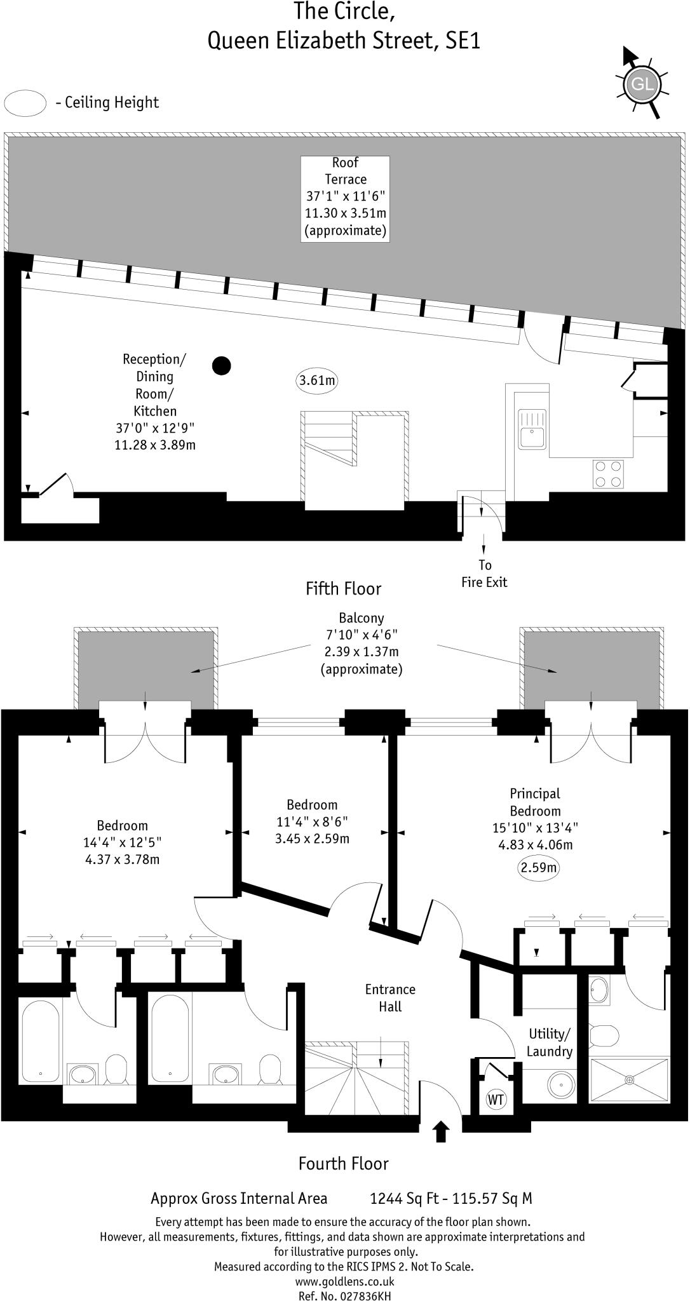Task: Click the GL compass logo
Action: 640,83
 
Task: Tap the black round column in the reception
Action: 221,365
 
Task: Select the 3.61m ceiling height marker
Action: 317,381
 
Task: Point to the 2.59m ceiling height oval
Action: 539,868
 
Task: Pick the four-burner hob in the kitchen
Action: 608,474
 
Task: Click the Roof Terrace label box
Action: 345,199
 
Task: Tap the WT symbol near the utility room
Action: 496,1099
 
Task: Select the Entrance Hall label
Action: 390,997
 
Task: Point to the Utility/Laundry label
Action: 550,1042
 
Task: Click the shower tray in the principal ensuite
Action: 629,1080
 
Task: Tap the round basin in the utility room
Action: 562,1082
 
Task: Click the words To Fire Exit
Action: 484,574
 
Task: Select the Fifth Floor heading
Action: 344,589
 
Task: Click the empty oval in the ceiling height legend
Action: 25,103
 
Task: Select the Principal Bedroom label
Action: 535,802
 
